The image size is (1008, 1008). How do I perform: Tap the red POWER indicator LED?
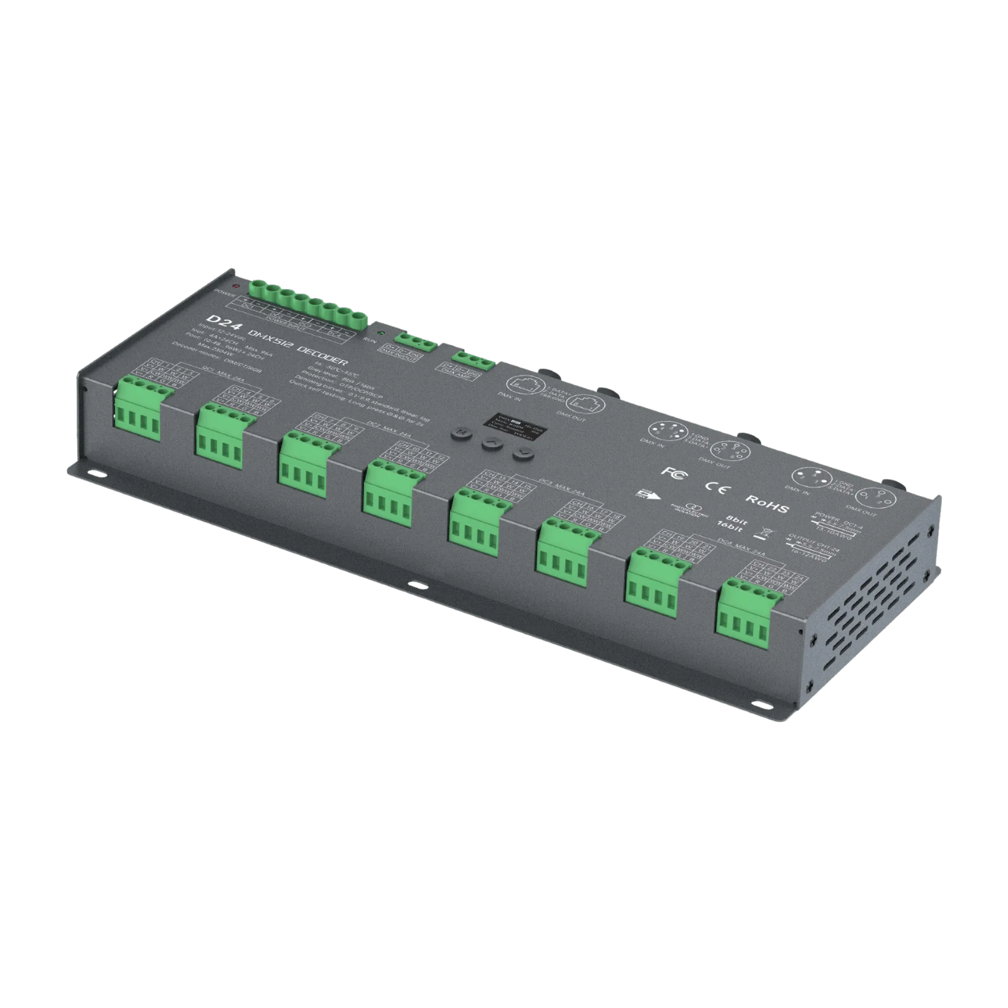[236, 287]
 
